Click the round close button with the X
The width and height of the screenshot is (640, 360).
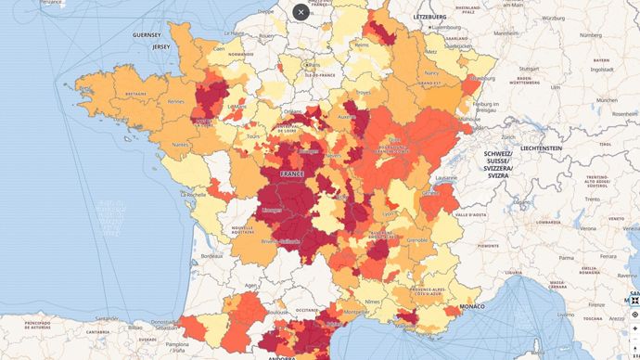pyautogui.click(x=301, y=12)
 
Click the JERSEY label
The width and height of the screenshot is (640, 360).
pyautogui.click(x=161, y=45)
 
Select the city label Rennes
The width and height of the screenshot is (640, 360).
pyautogui.click(x=176, y=101)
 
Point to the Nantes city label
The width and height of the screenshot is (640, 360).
pyautogui.click(x=180, y=144)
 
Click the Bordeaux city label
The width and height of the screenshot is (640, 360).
pyautogui.click(x=212, y=254)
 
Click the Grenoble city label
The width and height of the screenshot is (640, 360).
pyautogui.click(x=417, y=239)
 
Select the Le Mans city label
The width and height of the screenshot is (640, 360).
pyautogui.click(x=238, y=106)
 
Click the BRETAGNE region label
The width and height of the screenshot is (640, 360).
pyautogui.click(x=135, y=93)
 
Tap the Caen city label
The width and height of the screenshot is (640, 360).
pyautogui.click(x=220, y=48)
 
